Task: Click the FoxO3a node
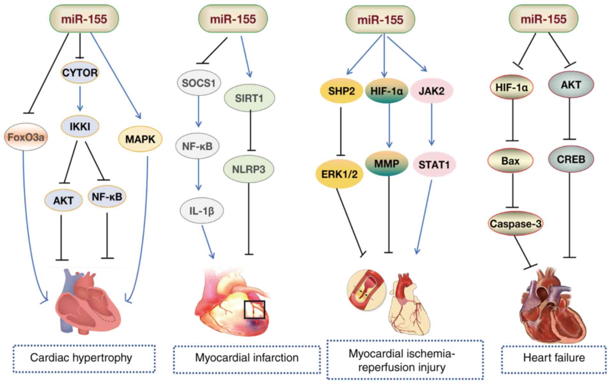26,137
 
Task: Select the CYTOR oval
80,73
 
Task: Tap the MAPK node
140,139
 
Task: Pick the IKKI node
80,127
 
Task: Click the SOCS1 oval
199,83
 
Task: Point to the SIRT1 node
249,98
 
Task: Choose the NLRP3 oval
249,169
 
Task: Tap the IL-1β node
202,211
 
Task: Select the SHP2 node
341,91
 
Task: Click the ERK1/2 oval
340,174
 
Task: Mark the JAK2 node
432,91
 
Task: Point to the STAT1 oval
434,165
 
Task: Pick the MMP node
387,164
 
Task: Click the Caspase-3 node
516,224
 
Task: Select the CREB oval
571,159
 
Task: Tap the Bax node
510,161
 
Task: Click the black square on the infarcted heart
255,309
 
